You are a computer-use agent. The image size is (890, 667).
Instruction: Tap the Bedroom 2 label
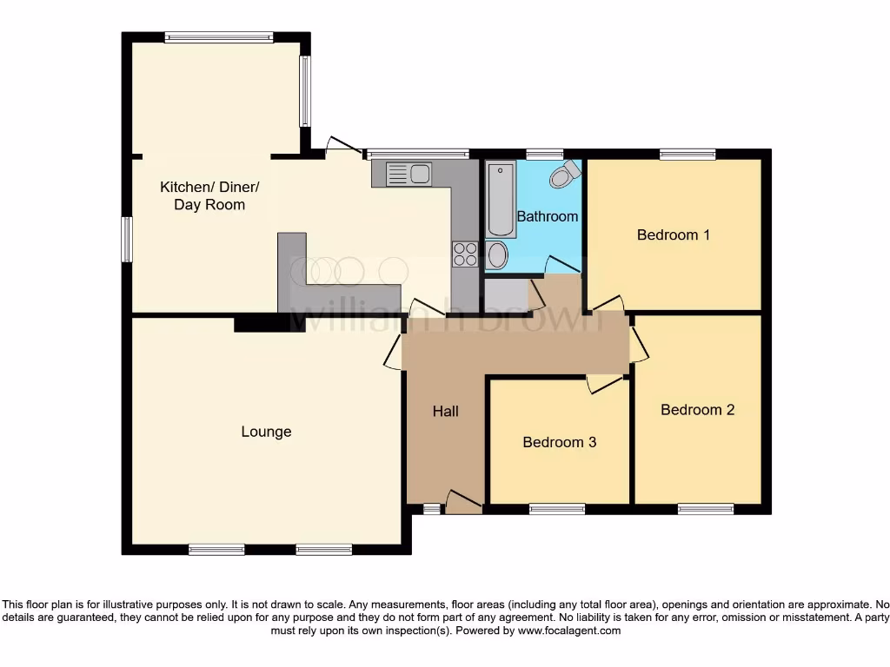[697, 410]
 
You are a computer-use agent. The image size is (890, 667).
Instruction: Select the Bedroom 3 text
[559, 442]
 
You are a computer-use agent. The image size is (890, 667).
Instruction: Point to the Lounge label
[266, 432]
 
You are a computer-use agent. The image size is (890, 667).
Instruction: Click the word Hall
[446, 412]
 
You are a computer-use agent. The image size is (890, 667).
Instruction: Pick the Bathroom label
[547, 216]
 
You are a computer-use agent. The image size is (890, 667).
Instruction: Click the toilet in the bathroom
[564, 175]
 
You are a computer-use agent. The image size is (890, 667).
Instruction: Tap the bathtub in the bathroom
[501, 200]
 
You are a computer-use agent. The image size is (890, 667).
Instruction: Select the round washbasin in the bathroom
[498, 255]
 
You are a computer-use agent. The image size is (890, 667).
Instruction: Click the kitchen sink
[408, 174]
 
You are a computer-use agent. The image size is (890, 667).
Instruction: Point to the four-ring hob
[465, 254]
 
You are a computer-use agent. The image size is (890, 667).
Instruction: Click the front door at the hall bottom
[464, 502]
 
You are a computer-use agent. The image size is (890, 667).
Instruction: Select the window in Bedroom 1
[687, 155]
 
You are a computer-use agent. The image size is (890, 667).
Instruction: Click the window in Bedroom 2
[705, 509]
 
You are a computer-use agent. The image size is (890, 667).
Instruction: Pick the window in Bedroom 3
[556, 509]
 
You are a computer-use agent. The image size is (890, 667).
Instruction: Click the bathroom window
[543, 155]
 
